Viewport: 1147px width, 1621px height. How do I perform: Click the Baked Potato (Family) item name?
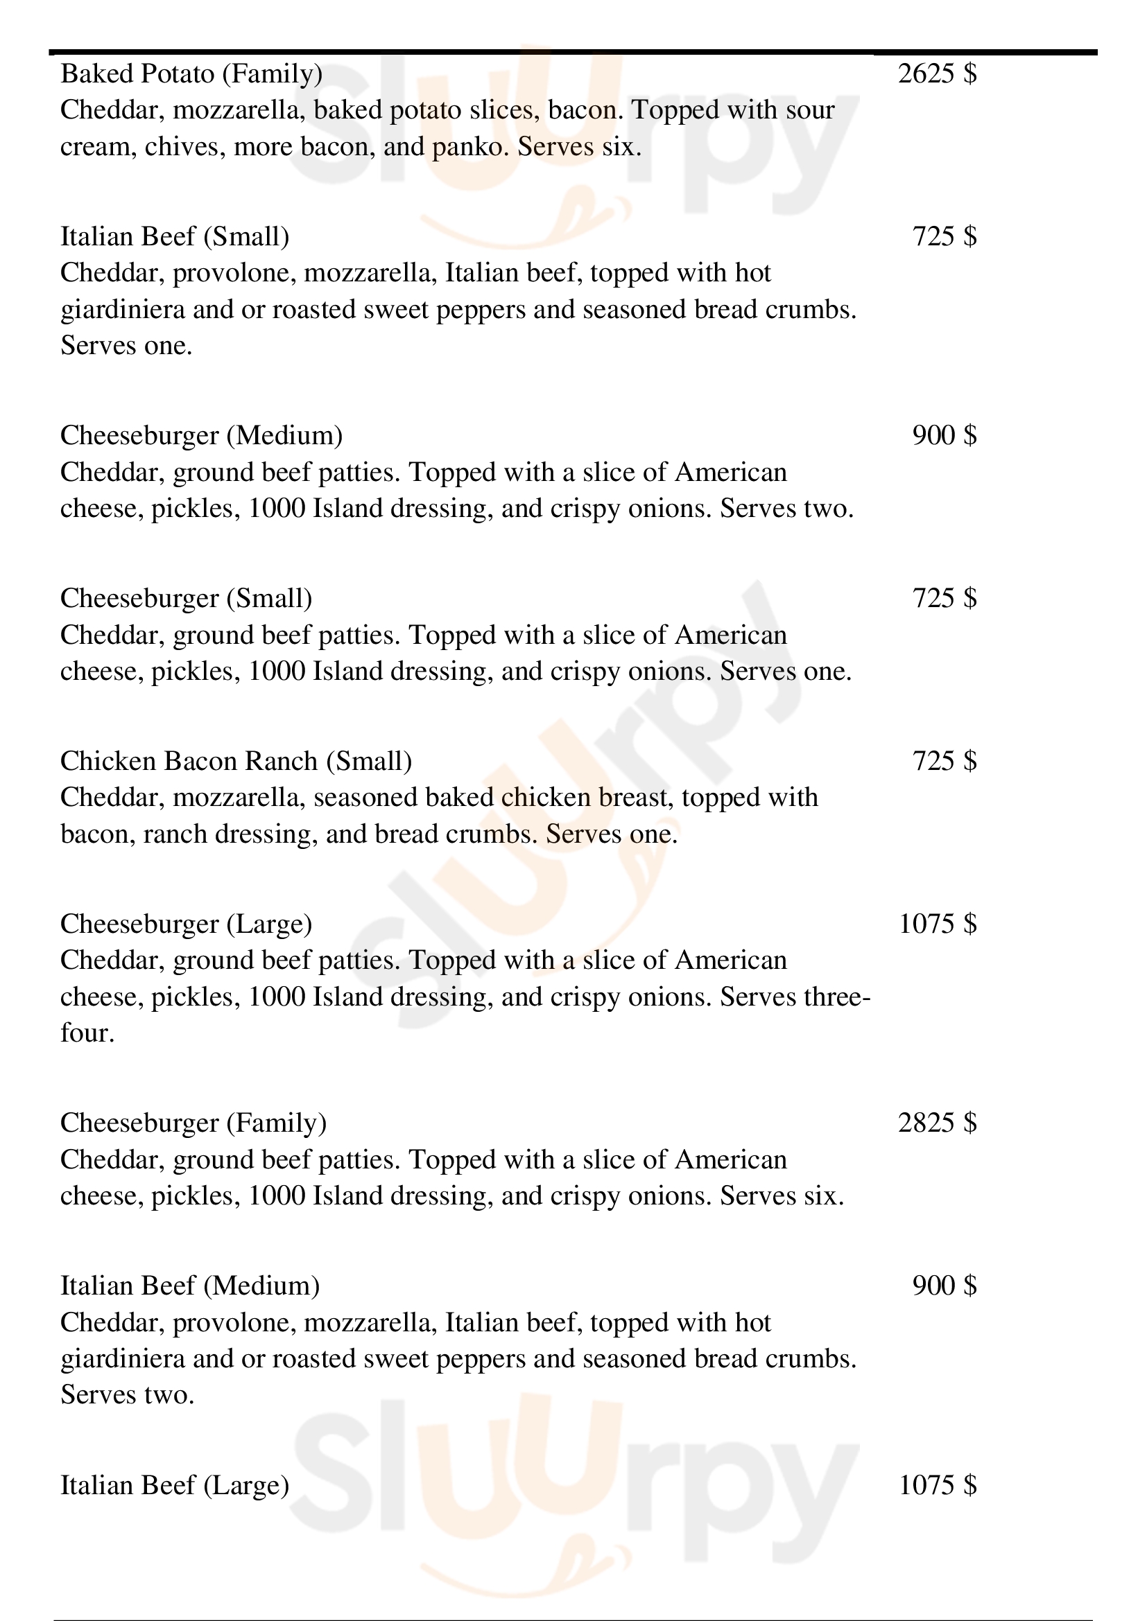click(x=191, y=73)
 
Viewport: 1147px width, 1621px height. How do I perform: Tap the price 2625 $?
click(x=938, y=73)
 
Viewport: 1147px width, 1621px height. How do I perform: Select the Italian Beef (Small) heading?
click(x=175, y=236)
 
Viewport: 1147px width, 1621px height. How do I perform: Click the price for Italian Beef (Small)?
click(x=945, y=236)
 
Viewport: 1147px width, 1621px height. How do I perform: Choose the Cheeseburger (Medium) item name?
click(x=201, y=436)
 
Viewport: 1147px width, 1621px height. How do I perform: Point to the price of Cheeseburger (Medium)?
click(x=945, y=436)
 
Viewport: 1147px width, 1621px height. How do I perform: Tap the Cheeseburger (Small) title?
click(x=186, y=598)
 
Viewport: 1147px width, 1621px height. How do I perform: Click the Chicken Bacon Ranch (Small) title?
click(x=236, y=761)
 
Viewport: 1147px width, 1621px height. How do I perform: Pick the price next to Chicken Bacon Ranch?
click(x=945, y=761)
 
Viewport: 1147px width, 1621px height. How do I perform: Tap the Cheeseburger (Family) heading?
click(x=193, y=1123)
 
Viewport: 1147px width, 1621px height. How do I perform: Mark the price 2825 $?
click(x=938, y=1123)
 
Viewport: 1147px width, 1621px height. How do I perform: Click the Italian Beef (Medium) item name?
click(x=190, y=1286)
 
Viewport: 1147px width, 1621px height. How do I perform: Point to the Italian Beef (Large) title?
click(x=175, y=1484)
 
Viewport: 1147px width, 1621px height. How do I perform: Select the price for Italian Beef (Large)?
click(x=938, y=1484)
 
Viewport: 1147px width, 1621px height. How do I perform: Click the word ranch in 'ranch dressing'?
click(x=175, y=835)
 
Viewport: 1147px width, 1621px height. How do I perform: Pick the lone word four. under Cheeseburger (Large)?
click(x=87, y=1033)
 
